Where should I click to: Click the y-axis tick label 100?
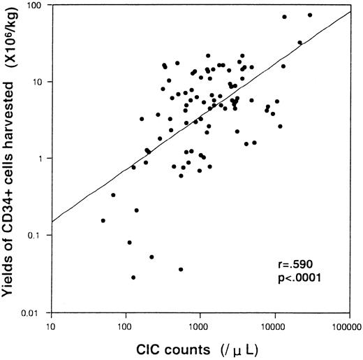point(35,6)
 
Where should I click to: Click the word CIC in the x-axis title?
point(133,348)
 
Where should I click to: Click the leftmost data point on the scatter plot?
point(103,221)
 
